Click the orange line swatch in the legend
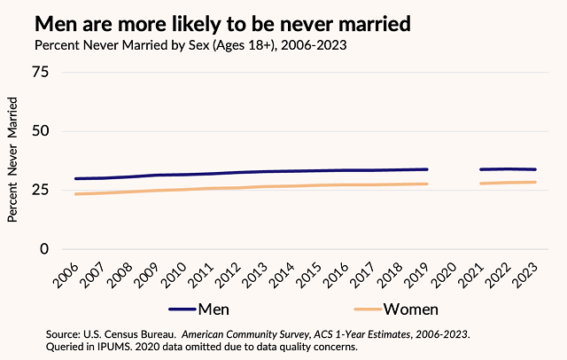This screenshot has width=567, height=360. coord(368,309)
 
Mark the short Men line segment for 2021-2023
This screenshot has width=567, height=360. coord(508,168)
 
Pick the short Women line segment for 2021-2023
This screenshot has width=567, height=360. coord(508,183)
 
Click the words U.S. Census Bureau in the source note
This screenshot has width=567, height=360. coord(132,333)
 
